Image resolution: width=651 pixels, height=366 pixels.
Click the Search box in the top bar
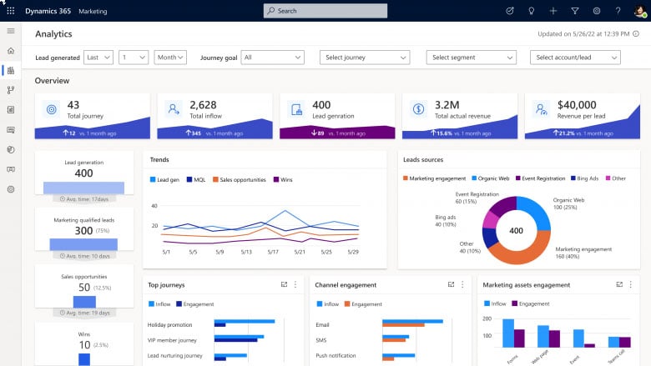click(x=325, y=11)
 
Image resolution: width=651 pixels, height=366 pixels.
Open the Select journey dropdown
click(x=365, y=58)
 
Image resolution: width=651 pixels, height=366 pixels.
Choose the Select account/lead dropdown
click(x=575, y=58)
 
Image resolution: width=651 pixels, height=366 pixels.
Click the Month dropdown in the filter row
click(x=170, y=58)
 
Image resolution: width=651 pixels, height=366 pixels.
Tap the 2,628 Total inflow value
click(x=203, y=104)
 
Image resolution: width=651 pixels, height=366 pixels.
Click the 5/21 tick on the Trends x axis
click(x=300, y=252)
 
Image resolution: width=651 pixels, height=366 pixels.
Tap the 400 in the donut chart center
click(x=516, y=230)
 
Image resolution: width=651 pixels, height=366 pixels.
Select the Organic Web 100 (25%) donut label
click(x=569, y=203)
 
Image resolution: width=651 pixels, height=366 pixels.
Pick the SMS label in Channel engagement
click(x=322, y=340)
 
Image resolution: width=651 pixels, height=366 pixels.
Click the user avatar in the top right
click(x=638, y=11)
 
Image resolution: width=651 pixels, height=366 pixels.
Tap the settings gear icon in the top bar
click(x=597, y=11)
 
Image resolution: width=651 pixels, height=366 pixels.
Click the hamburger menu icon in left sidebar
click(x=11, y=31)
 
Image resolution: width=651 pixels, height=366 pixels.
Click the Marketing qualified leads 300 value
click(x=83, y=230)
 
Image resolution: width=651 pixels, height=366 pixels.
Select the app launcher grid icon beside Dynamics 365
click(x=11, y=11)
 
